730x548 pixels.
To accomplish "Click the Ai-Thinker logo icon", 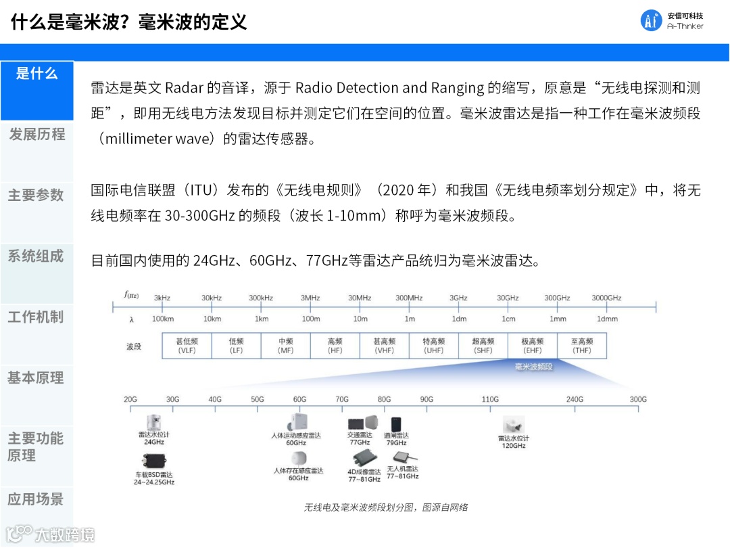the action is [652, 21].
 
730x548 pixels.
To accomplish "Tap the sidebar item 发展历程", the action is [36, 135].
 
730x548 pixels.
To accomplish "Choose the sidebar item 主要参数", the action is [36, 196].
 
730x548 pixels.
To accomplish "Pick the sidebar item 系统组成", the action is [36, 256].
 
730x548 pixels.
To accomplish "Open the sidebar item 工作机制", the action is [36, 317].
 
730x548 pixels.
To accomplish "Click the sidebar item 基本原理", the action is [36, 378].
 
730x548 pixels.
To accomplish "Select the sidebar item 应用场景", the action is [36, 499].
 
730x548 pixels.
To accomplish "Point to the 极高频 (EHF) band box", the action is [532, 346].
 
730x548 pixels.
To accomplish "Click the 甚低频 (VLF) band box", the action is [187, 346].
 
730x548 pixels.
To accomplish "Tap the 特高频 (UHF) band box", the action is [433, 346].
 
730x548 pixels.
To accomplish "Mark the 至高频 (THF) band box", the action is [581, 346].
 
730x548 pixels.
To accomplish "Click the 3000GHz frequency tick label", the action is [606, 298].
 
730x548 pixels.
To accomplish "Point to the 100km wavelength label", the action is [163, 319].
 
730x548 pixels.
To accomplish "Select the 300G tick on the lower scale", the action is [638, 399].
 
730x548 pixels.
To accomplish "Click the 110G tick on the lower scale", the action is [490, 399].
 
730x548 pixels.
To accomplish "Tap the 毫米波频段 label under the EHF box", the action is [534, 367].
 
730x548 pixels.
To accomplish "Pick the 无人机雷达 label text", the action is [402, 469].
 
